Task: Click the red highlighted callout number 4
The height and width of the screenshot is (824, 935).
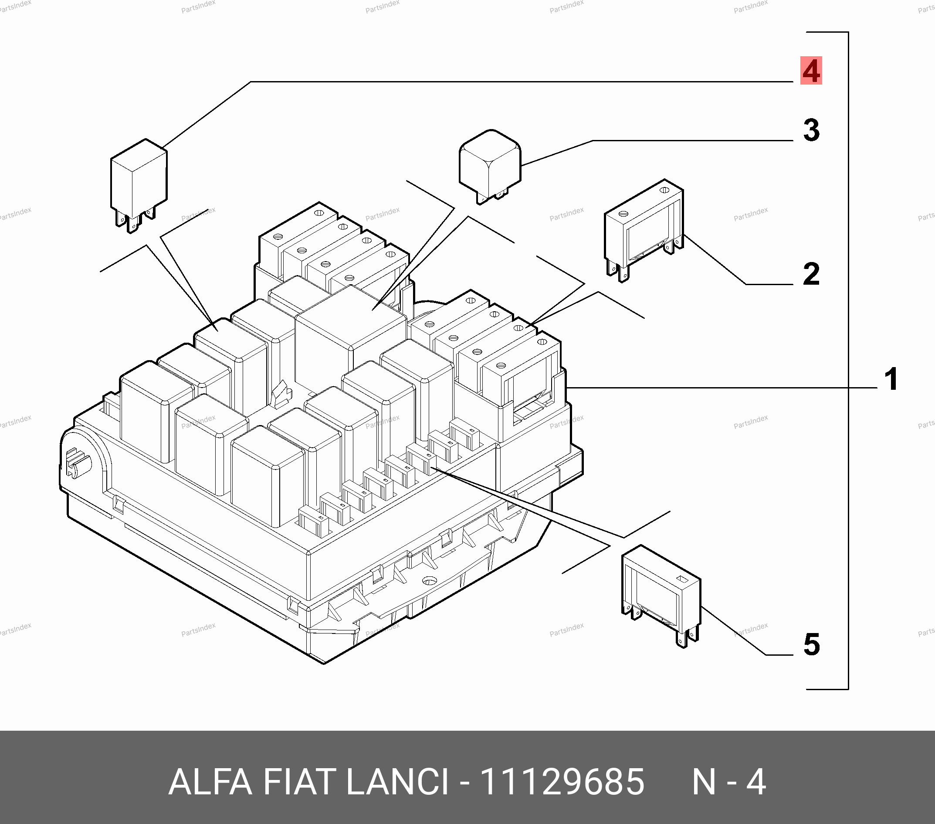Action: pos(811,71)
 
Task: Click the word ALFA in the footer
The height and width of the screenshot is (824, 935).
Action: pos(210,782)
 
